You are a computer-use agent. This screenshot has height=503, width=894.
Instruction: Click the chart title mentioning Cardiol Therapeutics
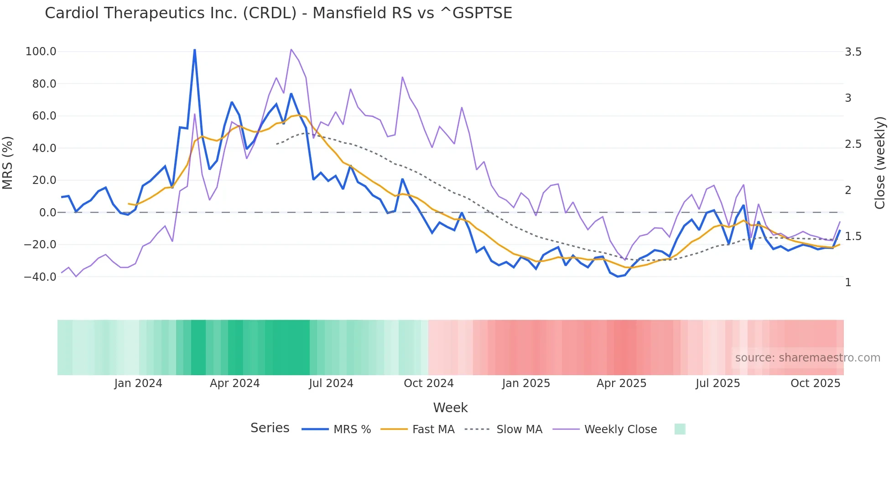click(x=278, y=13)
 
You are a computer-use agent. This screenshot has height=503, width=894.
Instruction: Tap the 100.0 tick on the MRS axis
click(x=41, y=52)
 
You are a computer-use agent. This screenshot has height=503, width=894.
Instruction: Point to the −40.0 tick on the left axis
click(x=40, y=277)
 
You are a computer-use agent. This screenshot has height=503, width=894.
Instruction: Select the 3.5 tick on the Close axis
click(x=853, y=52)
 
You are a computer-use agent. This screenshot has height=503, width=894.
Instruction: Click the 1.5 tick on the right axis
click(x=853, y=236)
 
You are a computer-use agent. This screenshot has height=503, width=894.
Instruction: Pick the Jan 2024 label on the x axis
click(x=138, y=383)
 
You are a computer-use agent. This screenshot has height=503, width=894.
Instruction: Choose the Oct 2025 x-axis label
click(x=815, y=383)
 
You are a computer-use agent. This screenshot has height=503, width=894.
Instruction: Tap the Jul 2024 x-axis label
click(x=331, y=383)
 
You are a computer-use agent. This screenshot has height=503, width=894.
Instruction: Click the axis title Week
click(x=450, y=408)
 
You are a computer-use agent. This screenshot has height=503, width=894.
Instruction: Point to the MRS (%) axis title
click(x=8, y=162)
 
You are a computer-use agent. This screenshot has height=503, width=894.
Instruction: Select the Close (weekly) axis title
click(x=880, y=162)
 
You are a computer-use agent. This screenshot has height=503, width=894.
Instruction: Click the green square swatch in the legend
click(x=680, y=429)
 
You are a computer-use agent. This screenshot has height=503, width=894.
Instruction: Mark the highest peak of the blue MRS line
click(x=195, y=50)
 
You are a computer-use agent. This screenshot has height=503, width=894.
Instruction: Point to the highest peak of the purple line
click(x=291, y=49)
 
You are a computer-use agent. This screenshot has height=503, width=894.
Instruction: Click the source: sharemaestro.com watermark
click(x=807, y=358)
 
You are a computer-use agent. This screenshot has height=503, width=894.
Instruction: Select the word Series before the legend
click(x=270, y=428)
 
